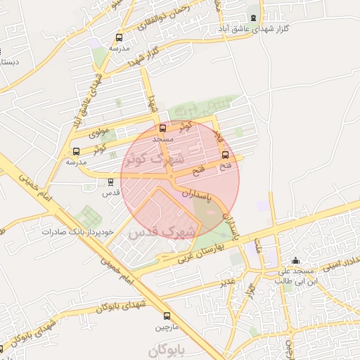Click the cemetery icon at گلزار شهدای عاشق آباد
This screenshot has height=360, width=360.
coord(253,18)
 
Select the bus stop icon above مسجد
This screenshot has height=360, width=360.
coord(163,129)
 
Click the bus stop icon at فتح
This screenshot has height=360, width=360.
coord(225,155)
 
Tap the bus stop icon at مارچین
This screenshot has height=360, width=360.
coord(167,316)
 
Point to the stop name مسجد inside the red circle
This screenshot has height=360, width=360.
coord(162,139)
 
